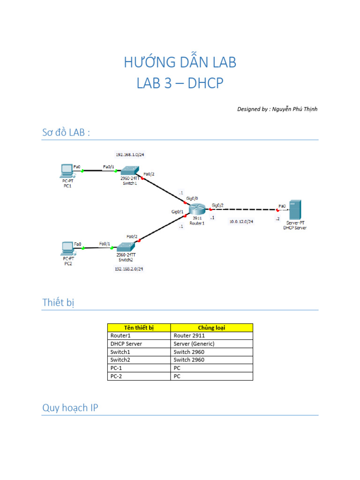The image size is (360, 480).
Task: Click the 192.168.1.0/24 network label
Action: tap(130, 154)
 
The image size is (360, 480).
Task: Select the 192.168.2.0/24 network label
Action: tap(129, 269)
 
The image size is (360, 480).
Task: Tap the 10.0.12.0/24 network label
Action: tap(241, 221)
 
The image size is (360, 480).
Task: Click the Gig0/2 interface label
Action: tap(217, 205)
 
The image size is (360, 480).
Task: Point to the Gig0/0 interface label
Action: tap(192, 199)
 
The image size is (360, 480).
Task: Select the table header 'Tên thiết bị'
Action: tap(138, 328)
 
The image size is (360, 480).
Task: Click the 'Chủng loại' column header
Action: tap(211, 328)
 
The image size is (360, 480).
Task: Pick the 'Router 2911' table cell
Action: tap(189, 336)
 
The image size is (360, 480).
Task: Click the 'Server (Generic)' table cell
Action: tap(194, 344)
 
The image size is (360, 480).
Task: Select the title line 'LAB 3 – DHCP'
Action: tap(180, 83)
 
